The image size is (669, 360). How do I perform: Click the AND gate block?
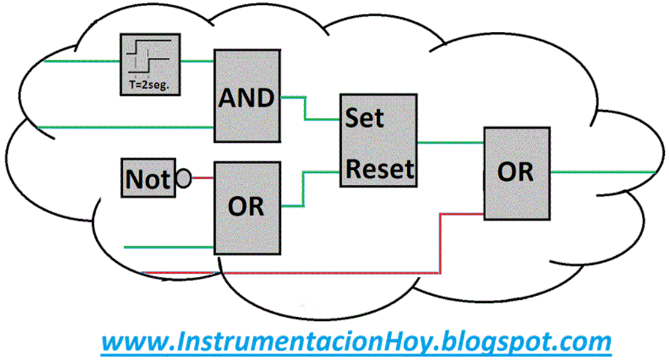tap(247, 96)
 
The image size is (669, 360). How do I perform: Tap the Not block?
tap(147, 178)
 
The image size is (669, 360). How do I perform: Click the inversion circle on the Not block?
tap(183, 178)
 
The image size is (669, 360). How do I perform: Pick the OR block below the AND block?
tap(247, 207)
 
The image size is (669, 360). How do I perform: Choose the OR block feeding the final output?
tap(517, 173)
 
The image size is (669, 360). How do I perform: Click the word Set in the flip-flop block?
tap(365, 118)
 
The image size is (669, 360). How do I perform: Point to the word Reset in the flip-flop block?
tap(380, 169)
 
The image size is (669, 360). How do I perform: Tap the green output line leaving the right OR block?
tap(602, 172)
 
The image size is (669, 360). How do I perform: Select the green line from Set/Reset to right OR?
tap(451, 143)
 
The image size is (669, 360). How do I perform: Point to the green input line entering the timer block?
tap(81, 61)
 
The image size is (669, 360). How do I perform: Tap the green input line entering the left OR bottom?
tap(168, 247)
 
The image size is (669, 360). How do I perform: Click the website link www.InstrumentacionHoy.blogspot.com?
tap(356, 341)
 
